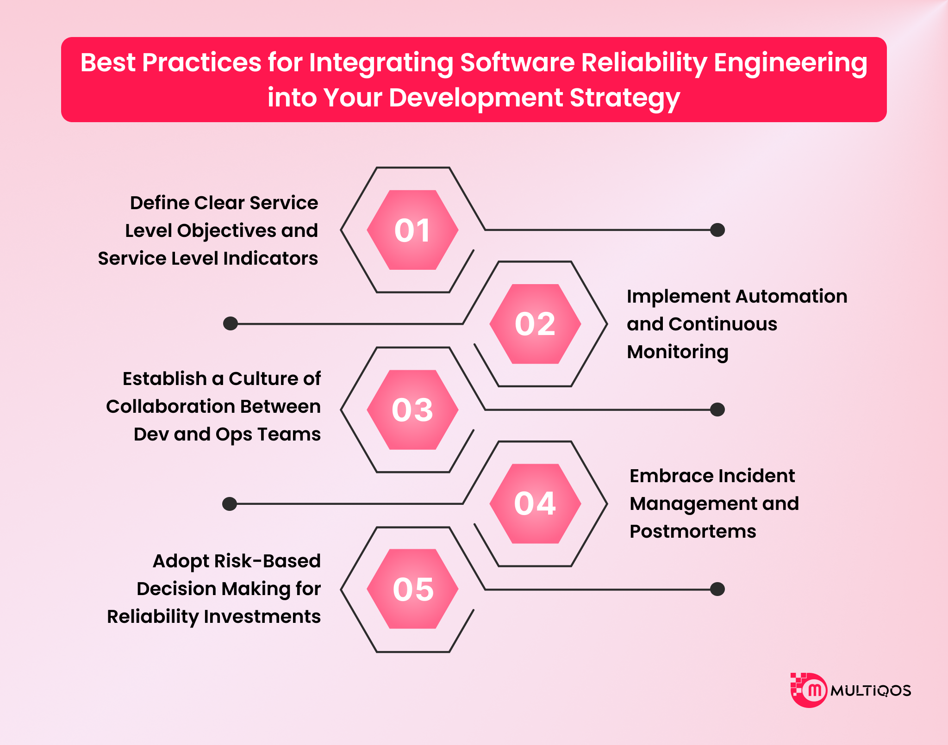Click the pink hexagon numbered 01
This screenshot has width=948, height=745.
pos(412,230)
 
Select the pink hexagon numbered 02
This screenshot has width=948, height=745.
pos(535,324)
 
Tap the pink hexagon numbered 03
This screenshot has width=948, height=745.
pos(412,410)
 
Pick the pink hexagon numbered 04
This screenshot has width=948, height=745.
pos(535,503)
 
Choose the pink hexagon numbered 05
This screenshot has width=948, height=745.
pos(412,589)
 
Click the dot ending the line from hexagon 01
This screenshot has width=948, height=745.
pos(717,230)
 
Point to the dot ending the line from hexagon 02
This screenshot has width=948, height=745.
pos(231,323)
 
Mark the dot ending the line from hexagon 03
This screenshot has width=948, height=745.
pos(717,410)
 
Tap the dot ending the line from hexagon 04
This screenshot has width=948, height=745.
pos(230,503)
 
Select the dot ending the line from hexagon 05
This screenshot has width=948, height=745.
pos(717,589)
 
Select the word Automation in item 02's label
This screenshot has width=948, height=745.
pos(792,296)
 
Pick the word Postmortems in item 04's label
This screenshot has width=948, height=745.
pos(692,531)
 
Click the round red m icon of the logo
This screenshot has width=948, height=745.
pos(814,690)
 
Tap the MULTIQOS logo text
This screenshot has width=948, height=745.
pos(871,691)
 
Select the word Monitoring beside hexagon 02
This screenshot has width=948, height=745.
pos(678,352)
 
